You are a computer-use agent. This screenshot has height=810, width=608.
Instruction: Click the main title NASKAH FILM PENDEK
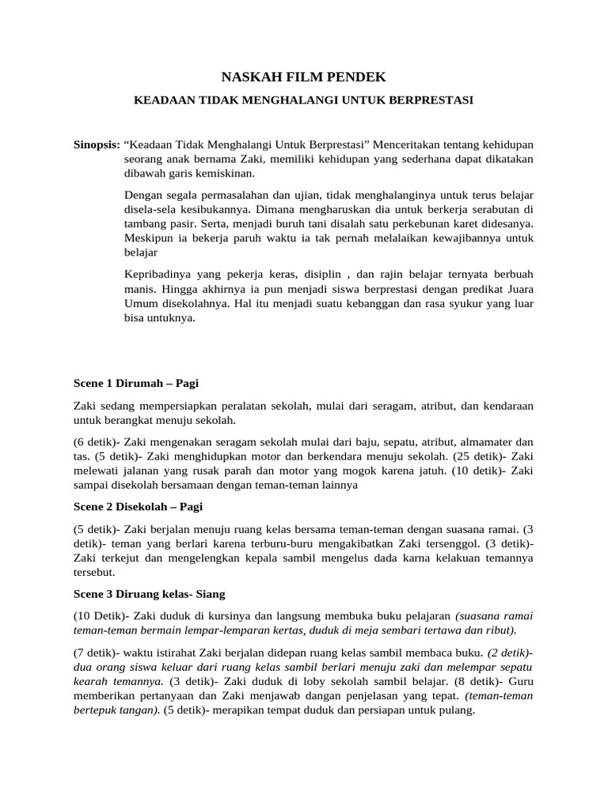(303, 77)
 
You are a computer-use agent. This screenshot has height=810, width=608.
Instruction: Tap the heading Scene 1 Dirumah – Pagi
(135, 383)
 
